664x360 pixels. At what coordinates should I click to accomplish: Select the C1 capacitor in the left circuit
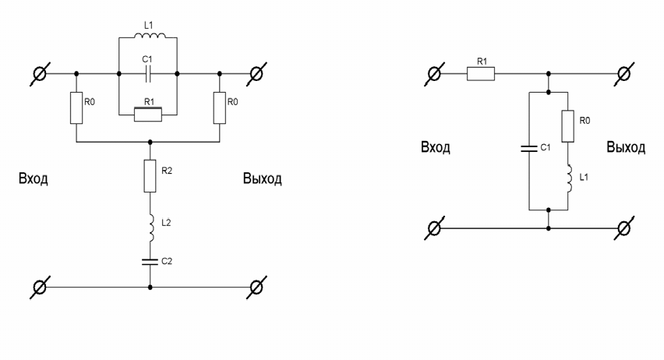(148, 75)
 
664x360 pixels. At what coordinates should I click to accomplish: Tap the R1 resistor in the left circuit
(148, 115)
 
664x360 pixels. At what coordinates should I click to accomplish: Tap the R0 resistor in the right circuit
(569, 124)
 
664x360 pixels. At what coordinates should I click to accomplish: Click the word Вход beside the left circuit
(34, 180)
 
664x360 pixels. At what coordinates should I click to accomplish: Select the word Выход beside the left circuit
(262, 180)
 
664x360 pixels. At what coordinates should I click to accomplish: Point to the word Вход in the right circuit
(436, 147)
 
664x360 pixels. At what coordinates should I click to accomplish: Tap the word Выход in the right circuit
(626, 147)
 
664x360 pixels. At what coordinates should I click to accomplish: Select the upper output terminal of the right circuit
(623, 75)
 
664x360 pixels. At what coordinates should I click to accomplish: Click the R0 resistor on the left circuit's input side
(76, 107)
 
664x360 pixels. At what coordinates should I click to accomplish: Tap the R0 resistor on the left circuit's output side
(220, 107)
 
